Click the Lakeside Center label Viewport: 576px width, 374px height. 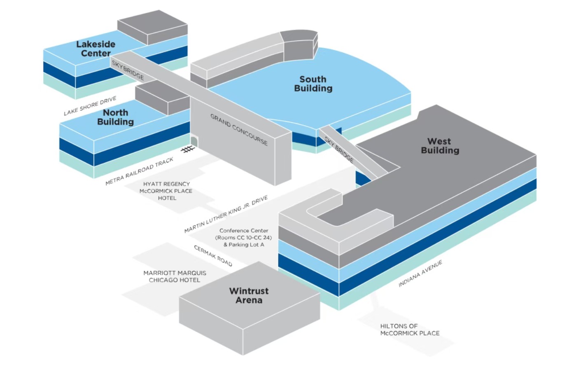click(x=96, y=49)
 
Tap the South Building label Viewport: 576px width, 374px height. click(x=313, y=84)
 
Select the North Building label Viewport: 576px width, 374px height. click(x=115, y=117)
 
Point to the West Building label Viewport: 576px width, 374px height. click(x=440, y=146)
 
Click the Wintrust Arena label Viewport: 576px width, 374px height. click(x=249, y=295)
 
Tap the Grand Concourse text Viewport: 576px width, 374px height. click(x=239, y=129)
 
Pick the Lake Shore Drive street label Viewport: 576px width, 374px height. click(x=90, y=106)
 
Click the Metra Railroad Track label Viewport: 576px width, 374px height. click(x=139, y=171)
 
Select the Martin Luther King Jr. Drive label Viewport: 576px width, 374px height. click(x=226, y=214)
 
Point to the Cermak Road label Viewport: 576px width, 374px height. click(x=213, y=256)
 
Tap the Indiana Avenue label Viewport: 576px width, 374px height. click(x=420, y=273)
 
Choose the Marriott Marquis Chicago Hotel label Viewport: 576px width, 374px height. click(x=175, y=276)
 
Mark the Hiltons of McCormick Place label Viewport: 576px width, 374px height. click(x=410, y=330)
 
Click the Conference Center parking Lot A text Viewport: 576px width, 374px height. click(x=244, y=245)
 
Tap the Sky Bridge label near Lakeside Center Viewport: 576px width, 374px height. click(x=128, y=70)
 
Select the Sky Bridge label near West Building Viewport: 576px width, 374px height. click(x=339, y=149)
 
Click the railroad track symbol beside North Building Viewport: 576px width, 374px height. click(x=188, y=149)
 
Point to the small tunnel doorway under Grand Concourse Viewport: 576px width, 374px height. click(x=194, y=141)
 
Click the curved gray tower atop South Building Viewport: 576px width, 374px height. click(x=299, y=45)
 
